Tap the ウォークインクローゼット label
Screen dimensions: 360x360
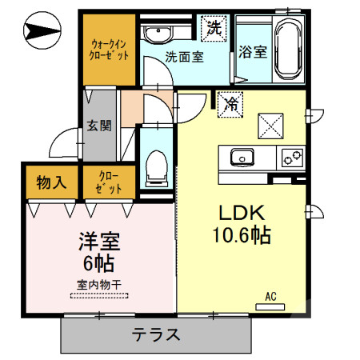tap(110, 50)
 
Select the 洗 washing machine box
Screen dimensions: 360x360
tap(214, 26)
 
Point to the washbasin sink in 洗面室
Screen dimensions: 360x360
tap(158, 34)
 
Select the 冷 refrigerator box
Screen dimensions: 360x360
tap(230, 103)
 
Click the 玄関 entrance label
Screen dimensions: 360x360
tap(99, 125)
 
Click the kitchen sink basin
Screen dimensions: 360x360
tap(241, 155)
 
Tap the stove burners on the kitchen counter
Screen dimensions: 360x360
tap(290, 156)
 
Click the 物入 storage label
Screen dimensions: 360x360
tap(51, 183)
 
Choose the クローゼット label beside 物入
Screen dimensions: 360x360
tap(110, 183)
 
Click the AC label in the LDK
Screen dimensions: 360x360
tap(270, 297)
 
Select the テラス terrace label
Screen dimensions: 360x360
tap(156, 335)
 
